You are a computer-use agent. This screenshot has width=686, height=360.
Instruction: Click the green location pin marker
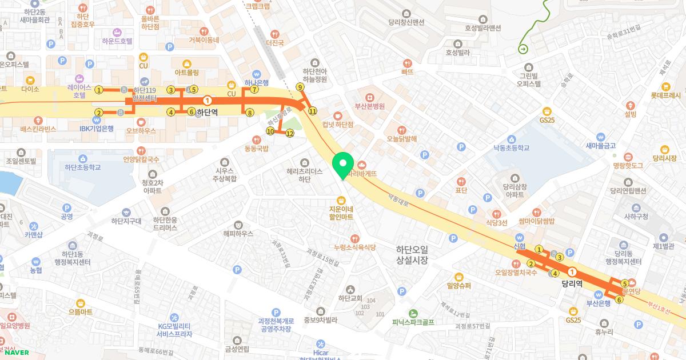(343, 165)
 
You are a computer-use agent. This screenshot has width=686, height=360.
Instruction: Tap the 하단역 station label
(207, 112)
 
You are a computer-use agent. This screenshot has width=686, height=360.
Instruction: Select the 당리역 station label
(571, 283)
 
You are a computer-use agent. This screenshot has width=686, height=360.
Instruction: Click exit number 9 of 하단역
(300, 87)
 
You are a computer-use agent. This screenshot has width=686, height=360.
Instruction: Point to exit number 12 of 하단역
(290, 133)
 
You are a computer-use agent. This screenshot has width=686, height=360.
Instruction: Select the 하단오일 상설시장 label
(412, 255)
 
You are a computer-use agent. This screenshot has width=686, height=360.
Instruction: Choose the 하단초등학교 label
(83, 167)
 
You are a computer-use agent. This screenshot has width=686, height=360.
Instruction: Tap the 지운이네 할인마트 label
(341, 213)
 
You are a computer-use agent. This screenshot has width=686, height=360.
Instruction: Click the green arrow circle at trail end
(523, 49)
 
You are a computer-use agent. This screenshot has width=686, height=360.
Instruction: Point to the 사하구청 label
(636, 217)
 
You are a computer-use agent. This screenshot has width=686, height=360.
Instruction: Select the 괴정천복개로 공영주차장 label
(276, 325)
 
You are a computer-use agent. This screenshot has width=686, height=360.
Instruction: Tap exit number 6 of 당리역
(619, 299)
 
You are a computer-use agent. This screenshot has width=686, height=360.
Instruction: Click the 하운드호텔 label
(117, 41)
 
